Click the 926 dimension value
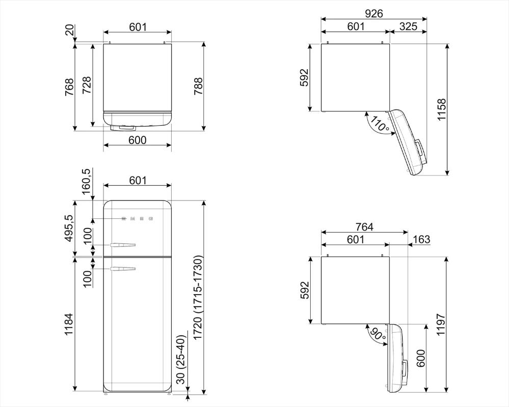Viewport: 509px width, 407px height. (374, 13)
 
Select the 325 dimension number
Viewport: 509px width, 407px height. (408, 26)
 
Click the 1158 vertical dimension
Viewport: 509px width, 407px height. (442, 109)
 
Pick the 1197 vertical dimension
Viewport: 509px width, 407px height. (441, 325)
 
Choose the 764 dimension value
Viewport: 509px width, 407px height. (364, 227)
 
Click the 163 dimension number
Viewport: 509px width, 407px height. (421, 240)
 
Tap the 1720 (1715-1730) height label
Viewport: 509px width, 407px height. (198, 298)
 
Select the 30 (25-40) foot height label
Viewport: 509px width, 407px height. (181, 359)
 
